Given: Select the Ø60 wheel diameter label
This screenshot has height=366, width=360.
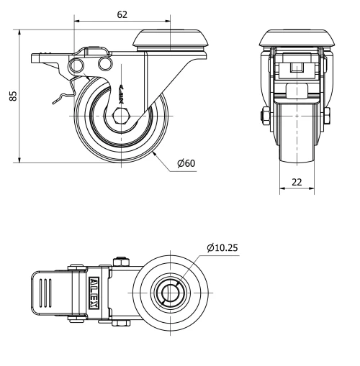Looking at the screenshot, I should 186,163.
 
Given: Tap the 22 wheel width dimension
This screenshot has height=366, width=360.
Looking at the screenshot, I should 297,182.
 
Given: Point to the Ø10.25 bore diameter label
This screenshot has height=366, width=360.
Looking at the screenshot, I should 222,248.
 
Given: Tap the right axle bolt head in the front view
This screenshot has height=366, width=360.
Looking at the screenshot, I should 328,116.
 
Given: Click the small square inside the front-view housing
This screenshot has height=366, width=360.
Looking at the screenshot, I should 296,68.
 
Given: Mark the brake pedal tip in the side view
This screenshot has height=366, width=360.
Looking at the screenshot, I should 36,57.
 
